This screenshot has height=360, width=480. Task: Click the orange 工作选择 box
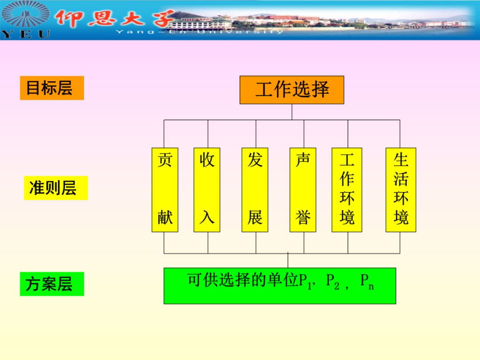point(292,90)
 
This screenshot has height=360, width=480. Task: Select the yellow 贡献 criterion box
point(165,190)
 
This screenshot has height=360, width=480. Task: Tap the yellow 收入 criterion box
point(207,190)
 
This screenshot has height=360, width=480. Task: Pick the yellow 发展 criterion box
point(255,190)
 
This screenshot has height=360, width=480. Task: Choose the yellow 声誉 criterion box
point(303,190)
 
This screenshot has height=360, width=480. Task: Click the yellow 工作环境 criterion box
point(347,190)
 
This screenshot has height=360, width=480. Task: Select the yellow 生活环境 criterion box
point(400,190)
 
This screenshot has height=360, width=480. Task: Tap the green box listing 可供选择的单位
point(280,285)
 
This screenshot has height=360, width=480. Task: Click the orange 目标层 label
point(52,88)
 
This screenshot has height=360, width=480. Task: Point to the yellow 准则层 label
point(56,188)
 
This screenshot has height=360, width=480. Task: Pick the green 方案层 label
point(52,284)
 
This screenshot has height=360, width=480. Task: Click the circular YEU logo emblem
point(26,15)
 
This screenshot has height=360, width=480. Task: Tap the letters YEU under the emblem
point(26,34)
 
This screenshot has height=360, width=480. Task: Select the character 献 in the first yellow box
point(165,218)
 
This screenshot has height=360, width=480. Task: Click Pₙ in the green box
point(367,281)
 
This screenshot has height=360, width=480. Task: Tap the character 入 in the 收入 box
point(207,218)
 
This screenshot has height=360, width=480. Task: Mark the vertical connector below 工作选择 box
point(292,112)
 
